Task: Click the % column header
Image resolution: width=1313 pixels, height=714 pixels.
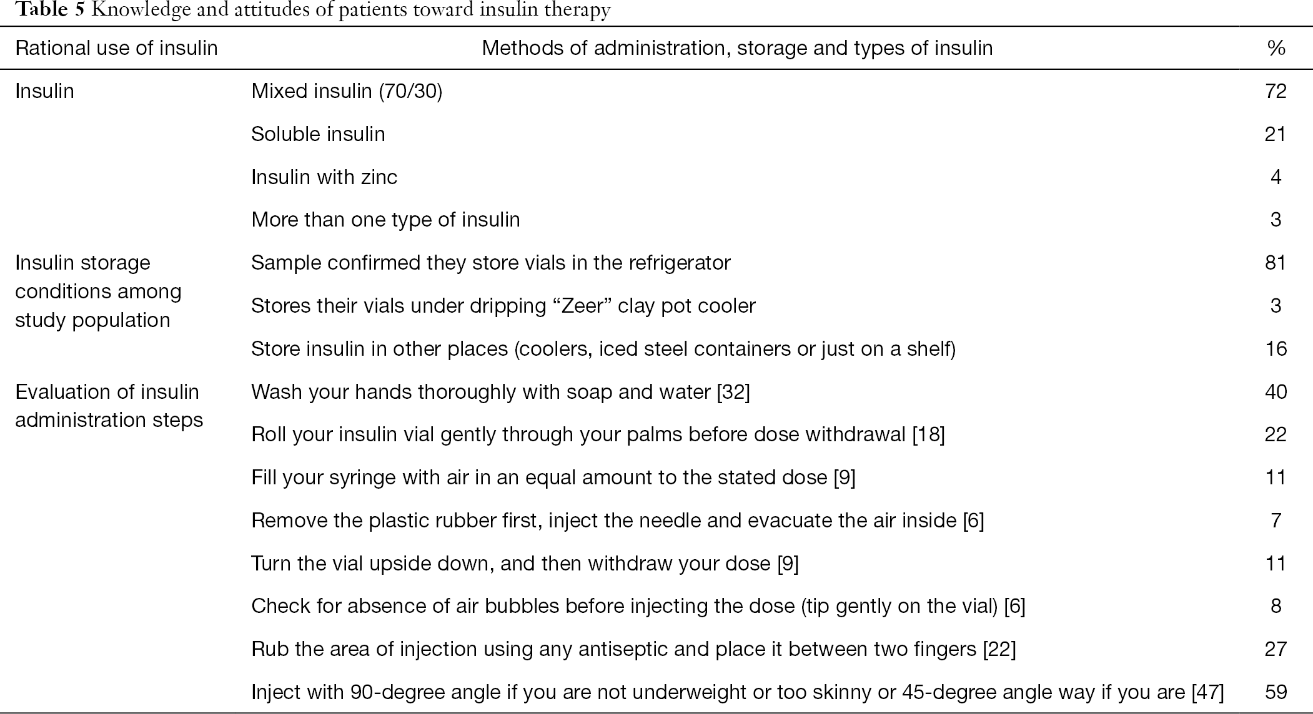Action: click(x=1276, y=49)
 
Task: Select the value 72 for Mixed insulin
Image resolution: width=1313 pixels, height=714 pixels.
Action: click(x=1276, y=92)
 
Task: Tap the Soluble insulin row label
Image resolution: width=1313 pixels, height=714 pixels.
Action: click(x=318, y=134)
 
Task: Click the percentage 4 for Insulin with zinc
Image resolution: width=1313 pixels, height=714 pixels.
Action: click(x=1276, y=177)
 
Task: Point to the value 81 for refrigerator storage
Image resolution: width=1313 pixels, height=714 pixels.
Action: click(x=1276, y=263)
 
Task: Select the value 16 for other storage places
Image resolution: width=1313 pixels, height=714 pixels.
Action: click(x=1276, y=348)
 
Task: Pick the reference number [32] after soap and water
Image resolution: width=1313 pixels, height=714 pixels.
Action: click(x=733, y=392)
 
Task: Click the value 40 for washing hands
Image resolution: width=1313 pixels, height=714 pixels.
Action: click(x=1276, y=392)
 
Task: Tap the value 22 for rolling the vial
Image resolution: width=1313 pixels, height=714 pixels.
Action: click(x=1276, y=434)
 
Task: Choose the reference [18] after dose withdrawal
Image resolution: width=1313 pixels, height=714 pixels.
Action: click(x=928, y=434)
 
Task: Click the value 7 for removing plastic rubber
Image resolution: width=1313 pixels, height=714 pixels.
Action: click(x=1276, y=521)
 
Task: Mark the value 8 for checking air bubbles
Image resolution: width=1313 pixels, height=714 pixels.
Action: click(x=1276, y=606)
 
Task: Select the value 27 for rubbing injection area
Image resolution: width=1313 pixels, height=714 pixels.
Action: click(x=1276, y=649)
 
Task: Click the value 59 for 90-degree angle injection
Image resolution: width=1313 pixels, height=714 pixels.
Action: click(x=1276, y=692)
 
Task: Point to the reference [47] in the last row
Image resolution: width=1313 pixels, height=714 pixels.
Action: click(x=1207, y=692)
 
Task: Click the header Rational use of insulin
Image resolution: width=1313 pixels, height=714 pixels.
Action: click(x=116, y=49)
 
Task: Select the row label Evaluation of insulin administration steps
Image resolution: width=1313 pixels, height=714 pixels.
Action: click(x=109, y=406)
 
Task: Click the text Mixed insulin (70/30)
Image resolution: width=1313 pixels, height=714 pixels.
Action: click(x=347, y=92)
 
